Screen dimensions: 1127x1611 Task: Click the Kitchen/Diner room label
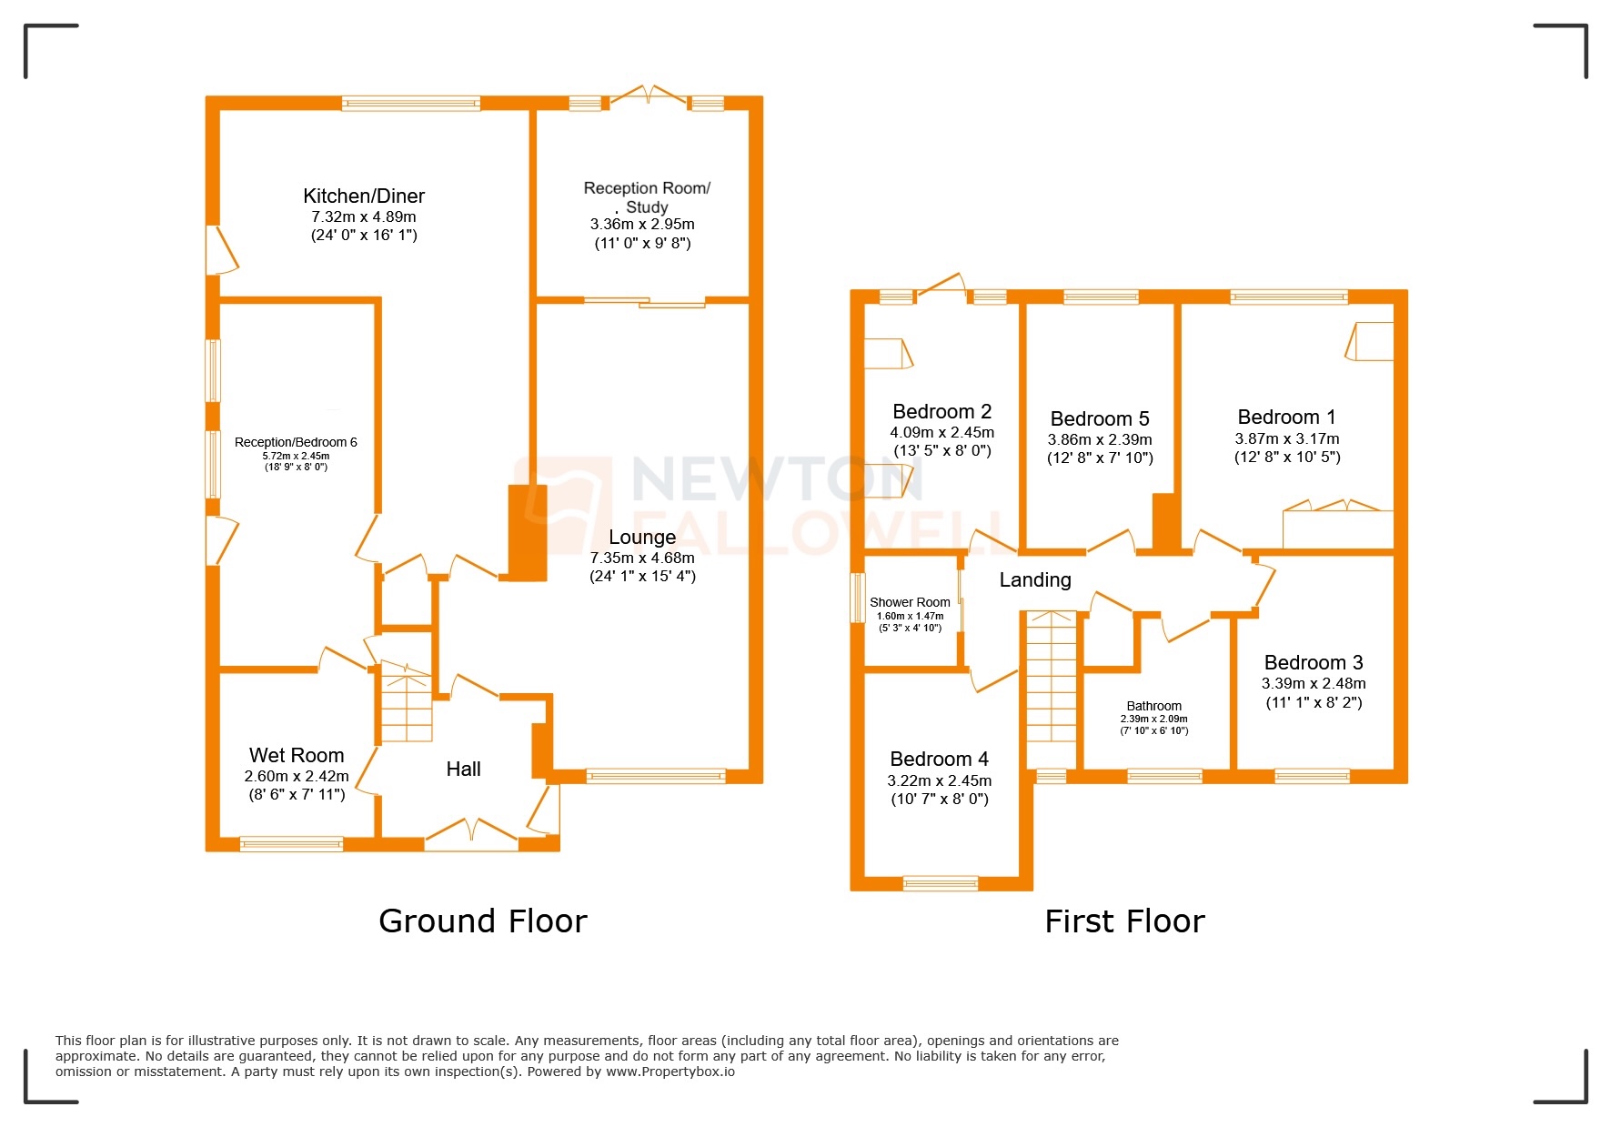coord(364,196)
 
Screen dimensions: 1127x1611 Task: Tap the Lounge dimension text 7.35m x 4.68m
coord(642,558)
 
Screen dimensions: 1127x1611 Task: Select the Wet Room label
coord(297,755)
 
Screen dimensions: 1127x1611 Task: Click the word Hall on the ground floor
coord(463,769)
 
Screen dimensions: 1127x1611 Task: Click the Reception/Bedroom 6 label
coord(296,442)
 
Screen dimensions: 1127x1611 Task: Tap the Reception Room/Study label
coord(647,196)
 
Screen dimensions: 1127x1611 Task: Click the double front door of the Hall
coord(471,833)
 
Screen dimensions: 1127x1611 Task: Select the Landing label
coord(1035,579)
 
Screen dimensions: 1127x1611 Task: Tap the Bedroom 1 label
coord(1286,417)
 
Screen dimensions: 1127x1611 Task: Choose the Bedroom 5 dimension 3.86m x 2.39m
coord(1100,439)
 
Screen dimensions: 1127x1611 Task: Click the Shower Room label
coord(910,602)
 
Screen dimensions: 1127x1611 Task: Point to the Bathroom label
coord(1153,706)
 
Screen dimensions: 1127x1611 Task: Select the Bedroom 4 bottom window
coord(941,882)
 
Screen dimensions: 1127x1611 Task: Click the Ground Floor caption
coord(483,921)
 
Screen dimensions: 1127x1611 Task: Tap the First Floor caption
coord(1124,921)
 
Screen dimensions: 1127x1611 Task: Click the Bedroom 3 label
coord(1314,662)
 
